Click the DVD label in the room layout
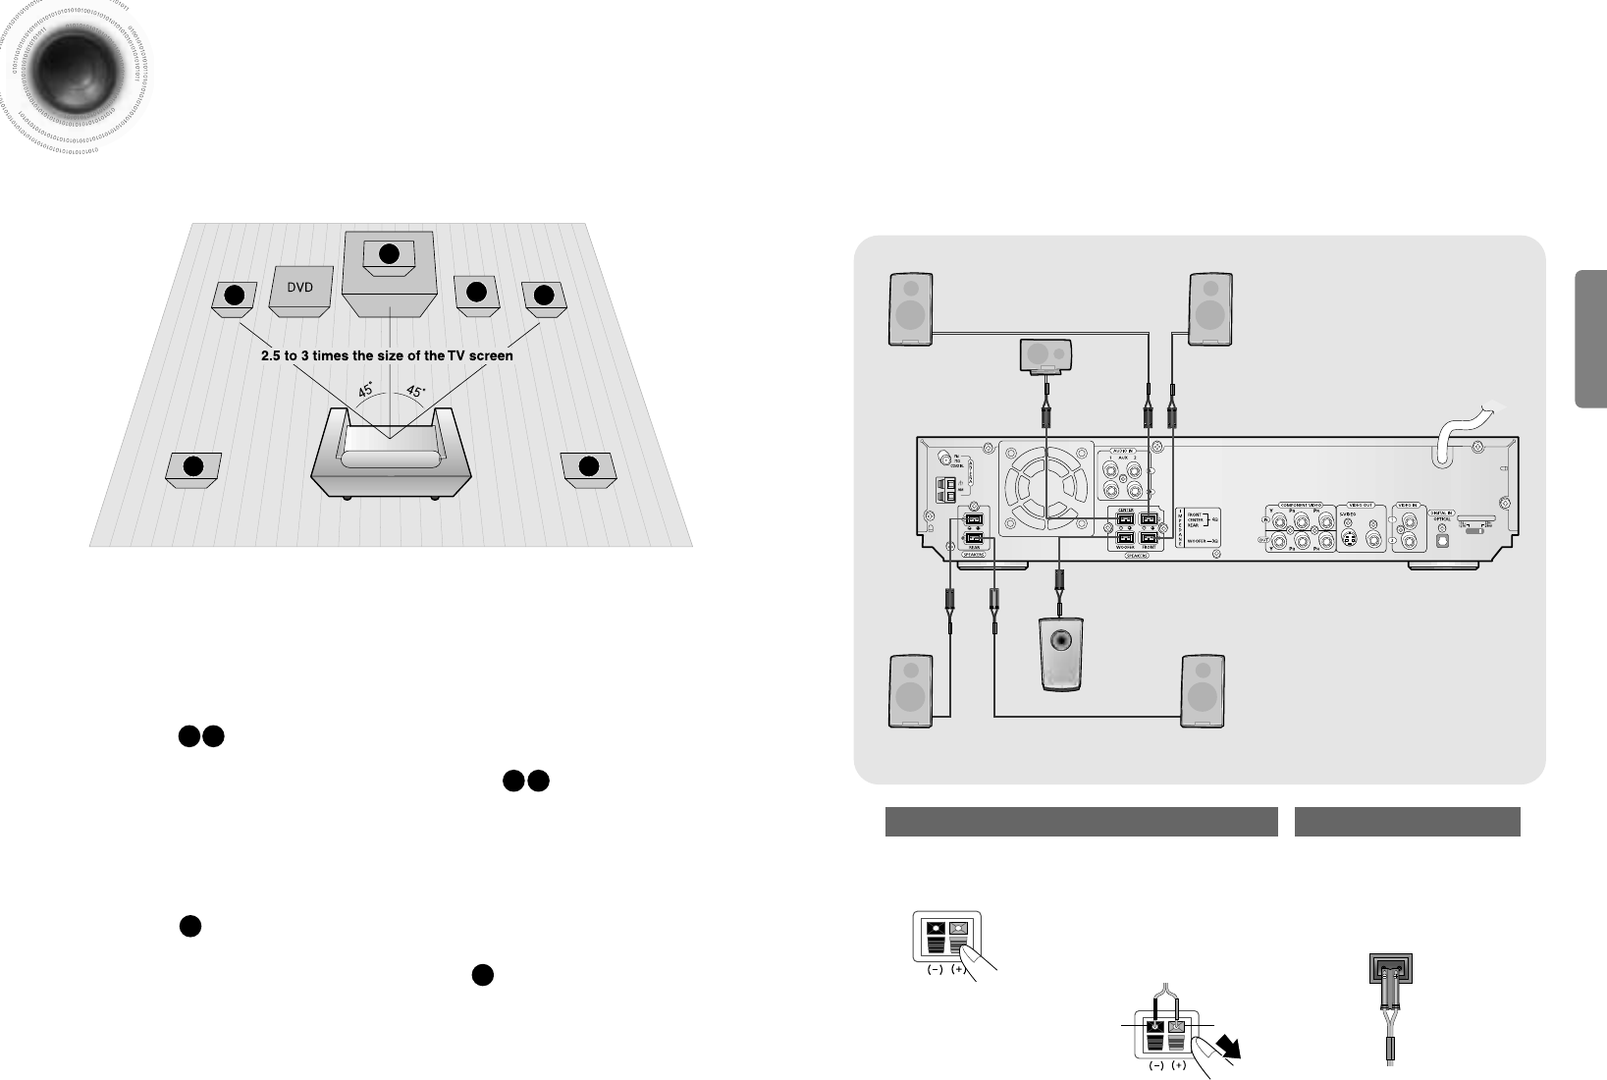tap(298, 288)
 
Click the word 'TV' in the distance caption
tap(457, 355)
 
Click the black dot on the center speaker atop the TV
tap(389, 253)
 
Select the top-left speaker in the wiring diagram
tap(910, 308)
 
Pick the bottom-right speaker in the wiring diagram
tap(1203, 692)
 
